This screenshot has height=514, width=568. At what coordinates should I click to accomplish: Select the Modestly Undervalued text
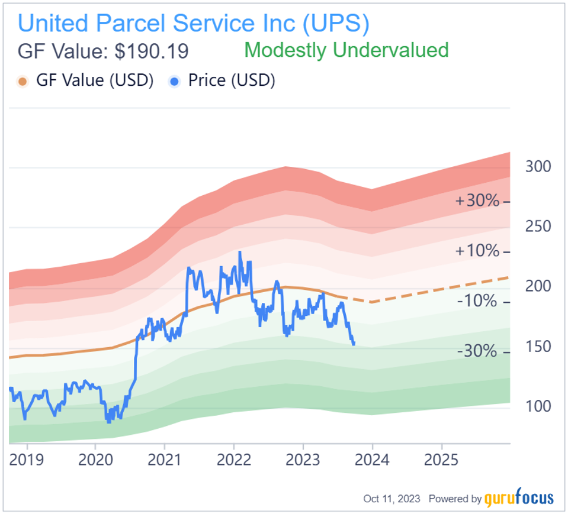346,50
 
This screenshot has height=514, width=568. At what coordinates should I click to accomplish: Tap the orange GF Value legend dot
23,81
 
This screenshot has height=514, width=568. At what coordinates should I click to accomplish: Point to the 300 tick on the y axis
538,166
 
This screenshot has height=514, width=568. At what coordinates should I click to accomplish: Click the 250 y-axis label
538,227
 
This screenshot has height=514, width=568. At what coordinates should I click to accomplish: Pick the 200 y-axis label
538,286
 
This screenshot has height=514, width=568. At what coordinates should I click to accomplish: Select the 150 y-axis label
538,347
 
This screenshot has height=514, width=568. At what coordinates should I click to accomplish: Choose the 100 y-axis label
538,406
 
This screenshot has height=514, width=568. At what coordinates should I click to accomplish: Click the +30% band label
477,201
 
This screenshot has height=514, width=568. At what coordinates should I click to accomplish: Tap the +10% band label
477,251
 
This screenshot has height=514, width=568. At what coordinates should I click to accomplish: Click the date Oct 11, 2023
391,499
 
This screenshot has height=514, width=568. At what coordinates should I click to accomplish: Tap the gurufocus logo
519,499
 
